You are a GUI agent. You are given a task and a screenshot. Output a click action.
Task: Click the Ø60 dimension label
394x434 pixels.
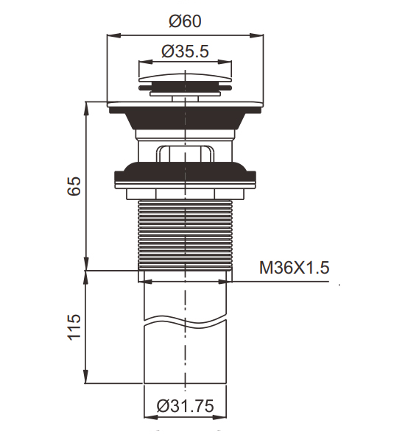point(185,21)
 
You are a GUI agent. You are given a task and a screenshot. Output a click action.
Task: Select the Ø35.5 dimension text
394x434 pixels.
point(185,51)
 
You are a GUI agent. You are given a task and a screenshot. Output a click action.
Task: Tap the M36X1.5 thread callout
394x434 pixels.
point(295,268)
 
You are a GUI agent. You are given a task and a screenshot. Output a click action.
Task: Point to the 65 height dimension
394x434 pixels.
point(74,185)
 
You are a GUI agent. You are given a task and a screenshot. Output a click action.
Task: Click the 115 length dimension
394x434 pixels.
point(74,327)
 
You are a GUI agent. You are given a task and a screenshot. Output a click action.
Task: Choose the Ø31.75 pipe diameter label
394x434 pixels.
point(185,406)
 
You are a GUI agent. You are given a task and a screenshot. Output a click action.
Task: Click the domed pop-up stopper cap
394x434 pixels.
point(185,78)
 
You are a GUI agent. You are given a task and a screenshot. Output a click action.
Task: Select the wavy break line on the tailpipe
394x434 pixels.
point(185,320)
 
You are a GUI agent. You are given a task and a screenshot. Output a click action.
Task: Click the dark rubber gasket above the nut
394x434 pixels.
point(185,173)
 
